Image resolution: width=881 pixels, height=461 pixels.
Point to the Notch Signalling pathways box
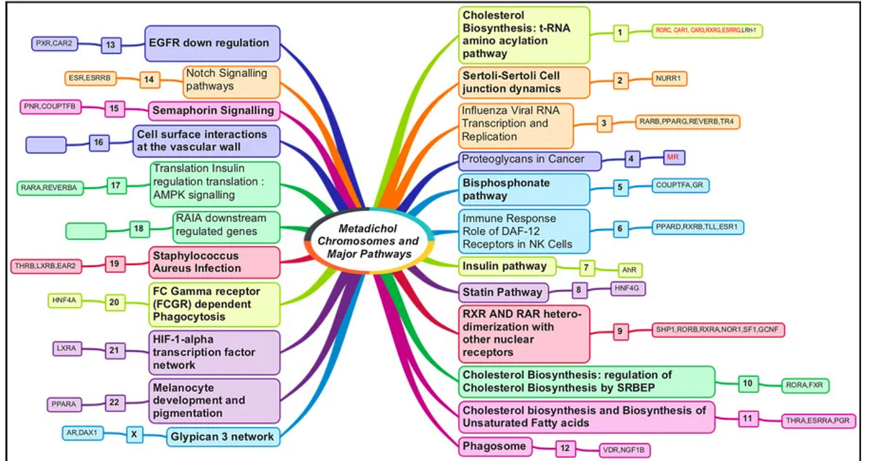tap(232, 80)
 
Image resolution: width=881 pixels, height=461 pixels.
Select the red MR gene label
tap(673, 158)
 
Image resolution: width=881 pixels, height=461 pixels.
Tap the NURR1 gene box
tap(670, 78)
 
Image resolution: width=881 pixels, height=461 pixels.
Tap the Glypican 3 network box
tap(223, 436)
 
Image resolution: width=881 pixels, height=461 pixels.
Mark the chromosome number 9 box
tap(620, 331)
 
